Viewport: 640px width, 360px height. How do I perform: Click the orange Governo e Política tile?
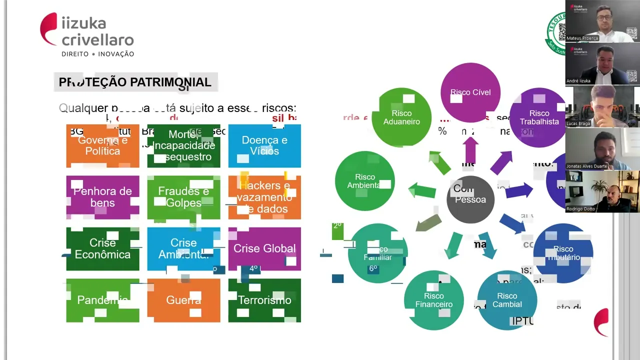point(102,146)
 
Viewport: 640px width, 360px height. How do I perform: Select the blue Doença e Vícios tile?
point(264,146)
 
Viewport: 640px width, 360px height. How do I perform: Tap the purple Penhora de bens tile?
point(102,197)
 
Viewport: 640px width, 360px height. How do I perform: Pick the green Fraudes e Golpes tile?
point(183,197)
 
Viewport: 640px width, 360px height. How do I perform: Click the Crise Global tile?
point(264,248)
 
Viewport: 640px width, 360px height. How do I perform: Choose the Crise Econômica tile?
point(102,248)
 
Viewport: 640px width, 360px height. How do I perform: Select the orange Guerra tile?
point(183,300)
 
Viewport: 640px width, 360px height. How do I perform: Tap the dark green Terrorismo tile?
point(264,300)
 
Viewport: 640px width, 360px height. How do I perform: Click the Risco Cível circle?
point(470,92)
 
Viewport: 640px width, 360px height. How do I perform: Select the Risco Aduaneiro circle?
point(402,117)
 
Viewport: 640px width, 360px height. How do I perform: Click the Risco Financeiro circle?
point(434,300)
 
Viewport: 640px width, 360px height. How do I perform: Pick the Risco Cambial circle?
point(507,300)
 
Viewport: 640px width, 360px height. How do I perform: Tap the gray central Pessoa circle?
point(470,199)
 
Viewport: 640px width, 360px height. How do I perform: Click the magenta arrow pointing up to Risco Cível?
point(470,149)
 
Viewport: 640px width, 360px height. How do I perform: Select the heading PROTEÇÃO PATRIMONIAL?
point(135,82)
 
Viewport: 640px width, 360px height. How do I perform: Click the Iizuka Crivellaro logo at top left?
point(87,35)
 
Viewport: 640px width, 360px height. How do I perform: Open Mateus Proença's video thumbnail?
point(602,21)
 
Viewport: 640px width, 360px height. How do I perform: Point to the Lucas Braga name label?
point(578,123)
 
